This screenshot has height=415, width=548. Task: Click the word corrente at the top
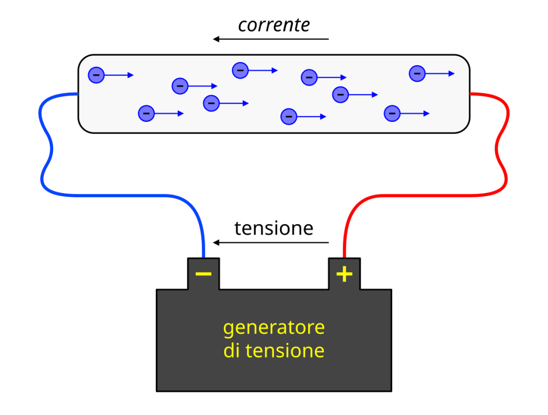(273, 25)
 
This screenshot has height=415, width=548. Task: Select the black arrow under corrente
(271, 39)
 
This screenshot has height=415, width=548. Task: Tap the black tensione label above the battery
(273, 228)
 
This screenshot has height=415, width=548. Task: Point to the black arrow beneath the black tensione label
(271, 243)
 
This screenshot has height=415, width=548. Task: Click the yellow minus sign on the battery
(203, 274)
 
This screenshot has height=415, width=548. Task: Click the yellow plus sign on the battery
(344, 274)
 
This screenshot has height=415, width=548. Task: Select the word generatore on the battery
(273, 327)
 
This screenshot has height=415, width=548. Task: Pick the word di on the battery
(231, 351)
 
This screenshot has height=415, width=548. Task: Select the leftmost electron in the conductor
(96, 75)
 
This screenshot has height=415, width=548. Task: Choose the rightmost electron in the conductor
(417, 73)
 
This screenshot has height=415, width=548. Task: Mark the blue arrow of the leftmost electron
(119, 75)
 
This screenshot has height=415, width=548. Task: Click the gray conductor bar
(257, 123)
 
